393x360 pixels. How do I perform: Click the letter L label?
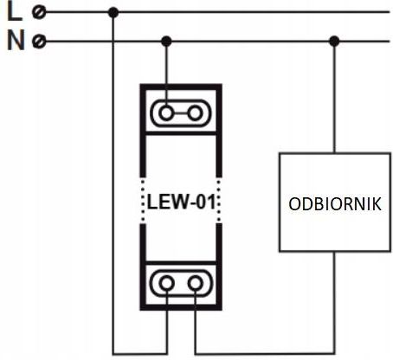(x=15, y=11)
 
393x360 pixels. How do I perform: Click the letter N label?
(x=16, y=41)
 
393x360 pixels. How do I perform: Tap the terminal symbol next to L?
(x=39, y=12)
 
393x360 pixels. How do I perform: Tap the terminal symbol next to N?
(x=39, y=42)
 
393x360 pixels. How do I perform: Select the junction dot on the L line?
(x=113, y=12)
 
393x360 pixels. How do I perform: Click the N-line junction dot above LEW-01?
(x=166, y=42)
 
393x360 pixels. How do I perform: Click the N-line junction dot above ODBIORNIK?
(x=334, y=42)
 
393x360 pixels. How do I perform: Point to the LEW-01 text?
(x=181, y=202)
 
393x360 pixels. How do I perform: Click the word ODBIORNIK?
(x=335, y=204)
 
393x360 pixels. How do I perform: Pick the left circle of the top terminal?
(x=166, y=113)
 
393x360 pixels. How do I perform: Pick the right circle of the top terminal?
(x=195, y=113)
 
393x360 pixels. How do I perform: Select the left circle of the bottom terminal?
(x=167, y=283)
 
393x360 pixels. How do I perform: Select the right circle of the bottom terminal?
(x=195, y=283)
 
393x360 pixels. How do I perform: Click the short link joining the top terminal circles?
(x=181, y=113)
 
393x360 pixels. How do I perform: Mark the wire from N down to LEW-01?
(x=166, y=76)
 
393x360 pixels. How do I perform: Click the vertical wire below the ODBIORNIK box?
(x=335, y=303)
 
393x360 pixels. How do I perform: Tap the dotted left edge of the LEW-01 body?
(x=143, y=201)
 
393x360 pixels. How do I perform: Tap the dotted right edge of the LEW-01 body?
(x=219, y=201)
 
